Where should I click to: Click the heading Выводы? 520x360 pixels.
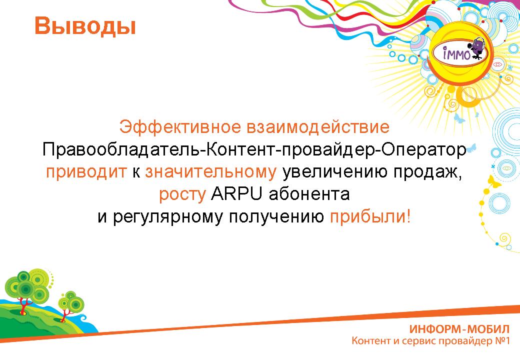pyautogui.click(x=85, y=26)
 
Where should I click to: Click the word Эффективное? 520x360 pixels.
pyautogui.click(x=180, y=127)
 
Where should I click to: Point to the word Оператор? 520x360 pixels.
pyautogui.click(x=423, y=150)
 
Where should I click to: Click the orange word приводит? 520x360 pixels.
pyautogui.click(x=86, y=172)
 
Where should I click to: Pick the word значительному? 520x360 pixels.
pyautogui.click(x=210, y=172)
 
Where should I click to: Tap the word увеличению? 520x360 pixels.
pyautogui.click(x=334, y=172)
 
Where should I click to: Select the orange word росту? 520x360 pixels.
pyautogui.click(x=182, y=195)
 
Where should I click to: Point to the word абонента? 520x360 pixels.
pyautogui.click(x=309, y=194)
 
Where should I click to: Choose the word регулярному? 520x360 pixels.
pyautogui.click(x=167, y=217)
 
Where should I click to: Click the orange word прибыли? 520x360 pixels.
pyautogui.click(x=370, y=217)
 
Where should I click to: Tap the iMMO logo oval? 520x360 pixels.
pyautogui.click(x=459, y=52)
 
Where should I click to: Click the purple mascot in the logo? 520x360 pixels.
pyautogui.click(x=477, y=48)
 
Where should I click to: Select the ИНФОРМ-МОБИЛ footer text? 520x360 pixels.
pyautogui.click(x=459, y=329)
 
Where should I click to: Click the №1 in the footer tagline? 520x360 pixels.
pyautogui.click(x=502, y=341)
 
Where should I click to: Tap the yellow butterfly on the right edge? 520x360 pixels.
pyautogui.click(x=494, y=181)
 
